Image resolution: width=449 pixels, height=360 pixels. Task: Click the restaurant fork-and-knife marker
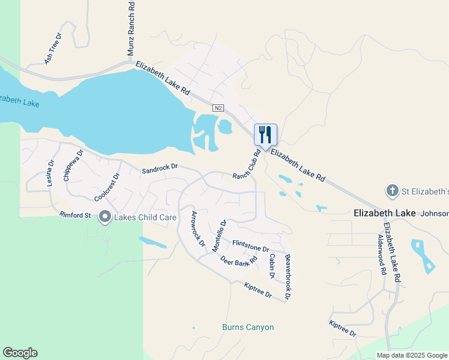[x=265, y=134]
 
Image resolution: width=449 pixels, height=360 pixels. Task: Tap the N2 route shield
[x=218, y=107]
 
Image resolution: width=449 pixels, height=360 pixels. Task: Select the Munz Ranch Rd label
[x=131, y=29]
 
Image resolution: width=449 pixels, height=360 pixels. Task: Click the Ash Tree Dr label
[x=53, y=49]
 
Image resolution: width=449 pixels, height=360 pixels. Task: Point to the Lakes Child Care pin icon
[x=105, y=217]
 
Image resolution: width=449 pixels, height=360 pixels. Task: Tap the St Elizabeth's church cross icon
[x=392, y=191]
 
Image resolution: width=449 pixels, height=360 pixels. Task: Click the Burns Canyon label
[x=248, y=328]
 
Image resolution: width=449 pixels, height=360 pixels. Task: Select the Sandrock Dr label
[x=160, y=170]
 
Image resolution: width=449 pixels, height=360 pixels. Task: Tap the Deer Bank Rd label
[x=239, y=260]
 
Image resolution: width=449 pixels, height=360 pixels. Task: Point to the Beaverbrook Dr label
[x=288, y=277]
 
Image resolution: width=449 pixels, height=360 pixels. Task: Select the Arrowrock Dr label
[x=197, y=230]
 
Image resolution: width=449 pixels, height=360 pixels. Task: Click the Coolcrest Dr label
[x=107, y=187]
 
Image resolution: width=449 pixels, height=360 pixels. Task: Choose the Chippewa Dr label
[x=72, y=166]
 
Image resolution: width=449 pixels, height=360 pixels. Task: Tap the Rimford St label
[x=75, y=215]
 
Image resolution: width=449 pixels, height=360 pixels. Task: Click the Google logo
[x=20, y=353]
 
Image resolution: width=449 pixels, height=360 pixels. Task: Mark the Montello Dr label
[x=220, y=235]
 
